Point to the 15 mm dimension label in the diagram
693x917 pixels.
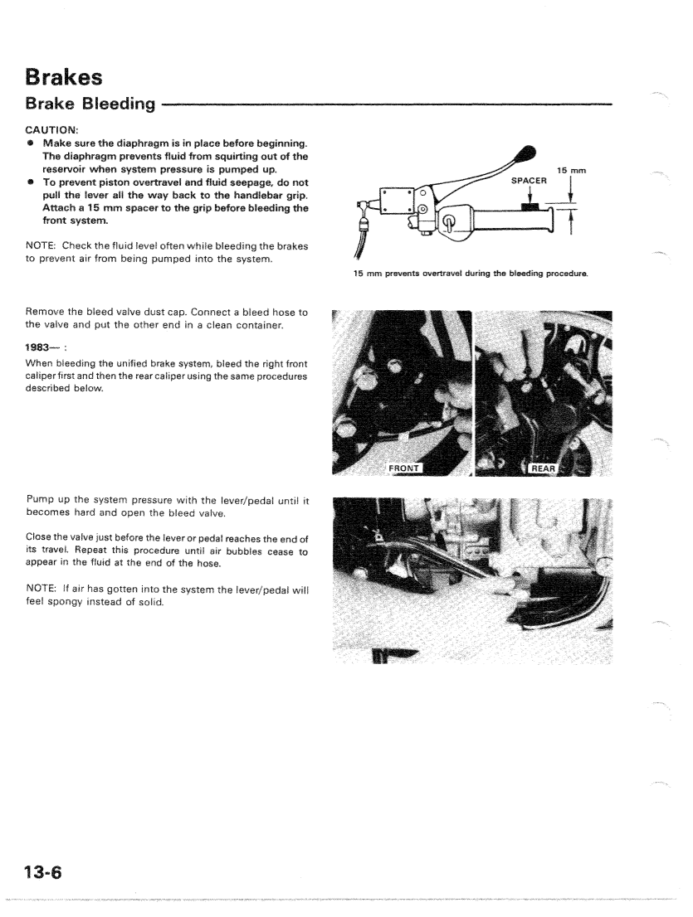(x=572, y=170)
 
